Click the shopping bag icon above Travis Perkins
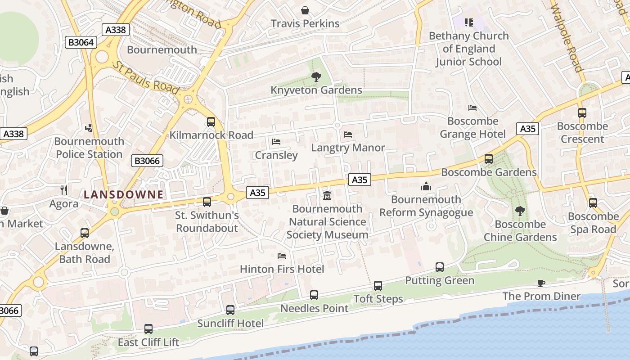305,10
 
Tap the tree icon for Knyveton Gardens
316,77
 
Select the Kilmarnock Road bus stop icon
211,122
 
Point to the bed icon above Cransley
276,142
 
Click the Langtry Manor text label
348,148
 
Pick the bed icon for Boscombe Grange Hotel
472,108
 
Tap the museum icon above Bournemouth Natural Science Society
327,196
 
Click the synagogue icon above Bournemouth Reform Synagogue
426,186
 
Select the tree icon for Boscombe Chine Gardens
520,211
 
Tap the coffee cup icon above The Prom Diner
541,283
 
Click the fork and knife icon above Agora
64,190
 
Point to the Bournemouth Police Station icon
89,128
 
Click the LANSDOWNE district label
123,194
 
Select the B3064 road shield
81,42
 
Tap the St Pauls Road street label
146,77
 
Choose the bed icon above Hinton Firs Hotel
282,256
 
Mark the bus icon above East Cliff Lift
148,329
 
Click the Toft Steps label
378,299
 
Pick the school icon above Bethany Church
469,22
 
